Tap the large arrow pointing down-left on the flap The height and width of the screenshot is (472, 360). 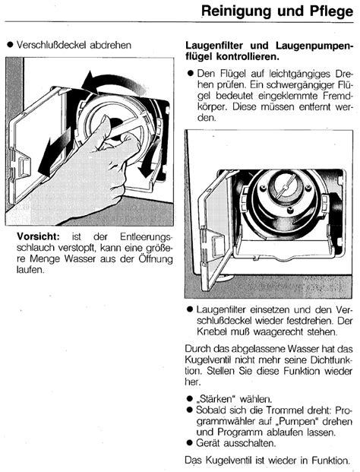[x=55, y=152]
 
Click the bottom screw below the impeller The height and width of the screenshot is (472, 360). [x=290, y=210]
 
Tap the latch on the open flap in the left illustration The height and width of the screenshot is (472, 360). [x=24, y=166]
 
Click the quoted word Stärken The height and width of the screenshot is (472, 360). [x=216, y=399]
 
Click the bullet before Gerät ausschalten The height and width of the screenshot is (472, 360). [x=189, y=442]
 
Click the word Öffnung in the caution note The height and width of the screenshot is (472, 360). [x=156, y=258]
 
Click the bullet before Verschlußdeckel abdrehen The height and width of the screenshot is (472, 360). [x=11, y=45]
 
